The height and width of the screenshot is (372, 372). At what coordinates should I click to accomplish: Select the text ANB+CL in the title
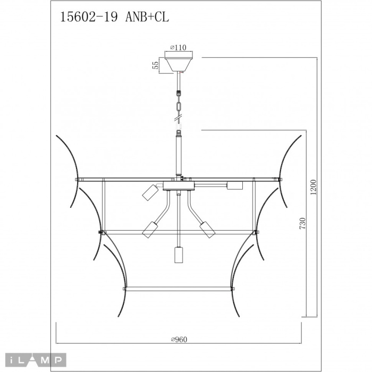click(x=147, y=17)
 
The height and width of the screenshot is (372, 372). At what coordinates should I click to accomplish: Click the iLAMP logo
click(x=33, y=360)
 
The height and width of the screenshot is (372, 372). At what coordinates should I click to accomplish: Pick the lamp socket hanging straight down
click(x=179, y=255)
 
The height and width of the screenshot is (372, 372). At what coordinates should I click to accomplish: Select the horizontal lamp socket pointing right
click(x=234, y=185)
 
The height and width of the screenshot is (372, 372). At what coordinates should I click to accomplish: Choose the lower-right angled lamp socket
click(x=207, y=229)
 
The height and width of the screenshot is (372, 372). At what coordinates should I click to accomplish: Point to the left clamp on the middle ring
click(x=101, y=232)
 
